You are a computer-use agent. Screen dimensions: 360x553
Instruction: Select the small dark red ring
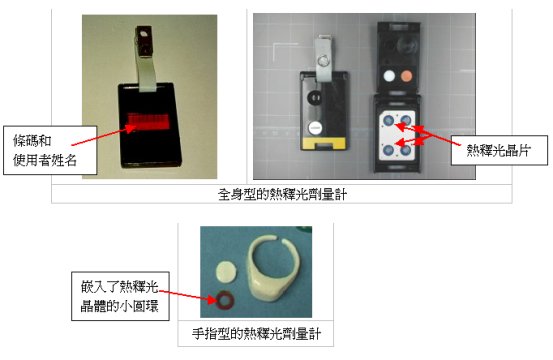pyautogui.click(x=228, y=299)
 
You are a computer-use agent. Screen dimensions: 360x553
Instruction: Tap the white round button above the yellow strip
pyautogui.click(x=315, y=127)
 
